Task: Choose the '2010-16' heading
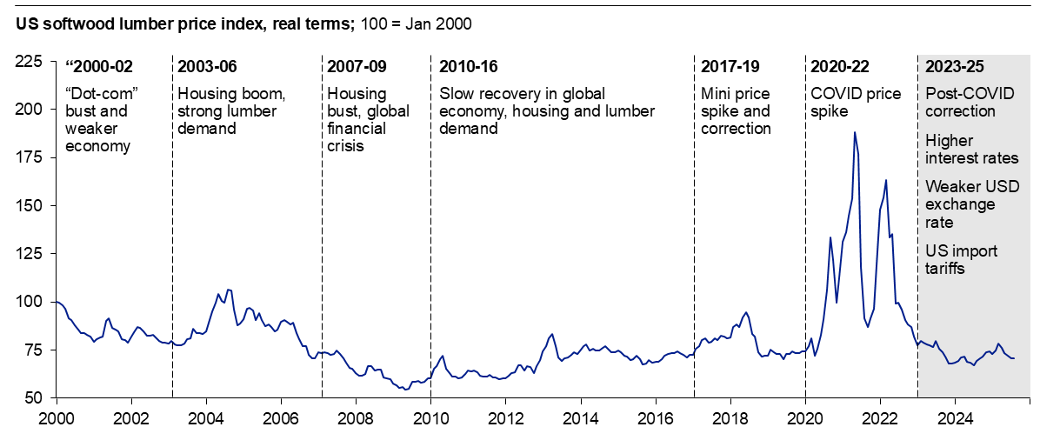tap(469, 67)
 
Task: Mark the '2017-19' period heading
tap(730, 67)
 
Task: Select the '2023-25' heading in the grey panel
tap(955, 67)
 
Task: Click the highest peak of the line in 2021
tap(855, 132)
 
